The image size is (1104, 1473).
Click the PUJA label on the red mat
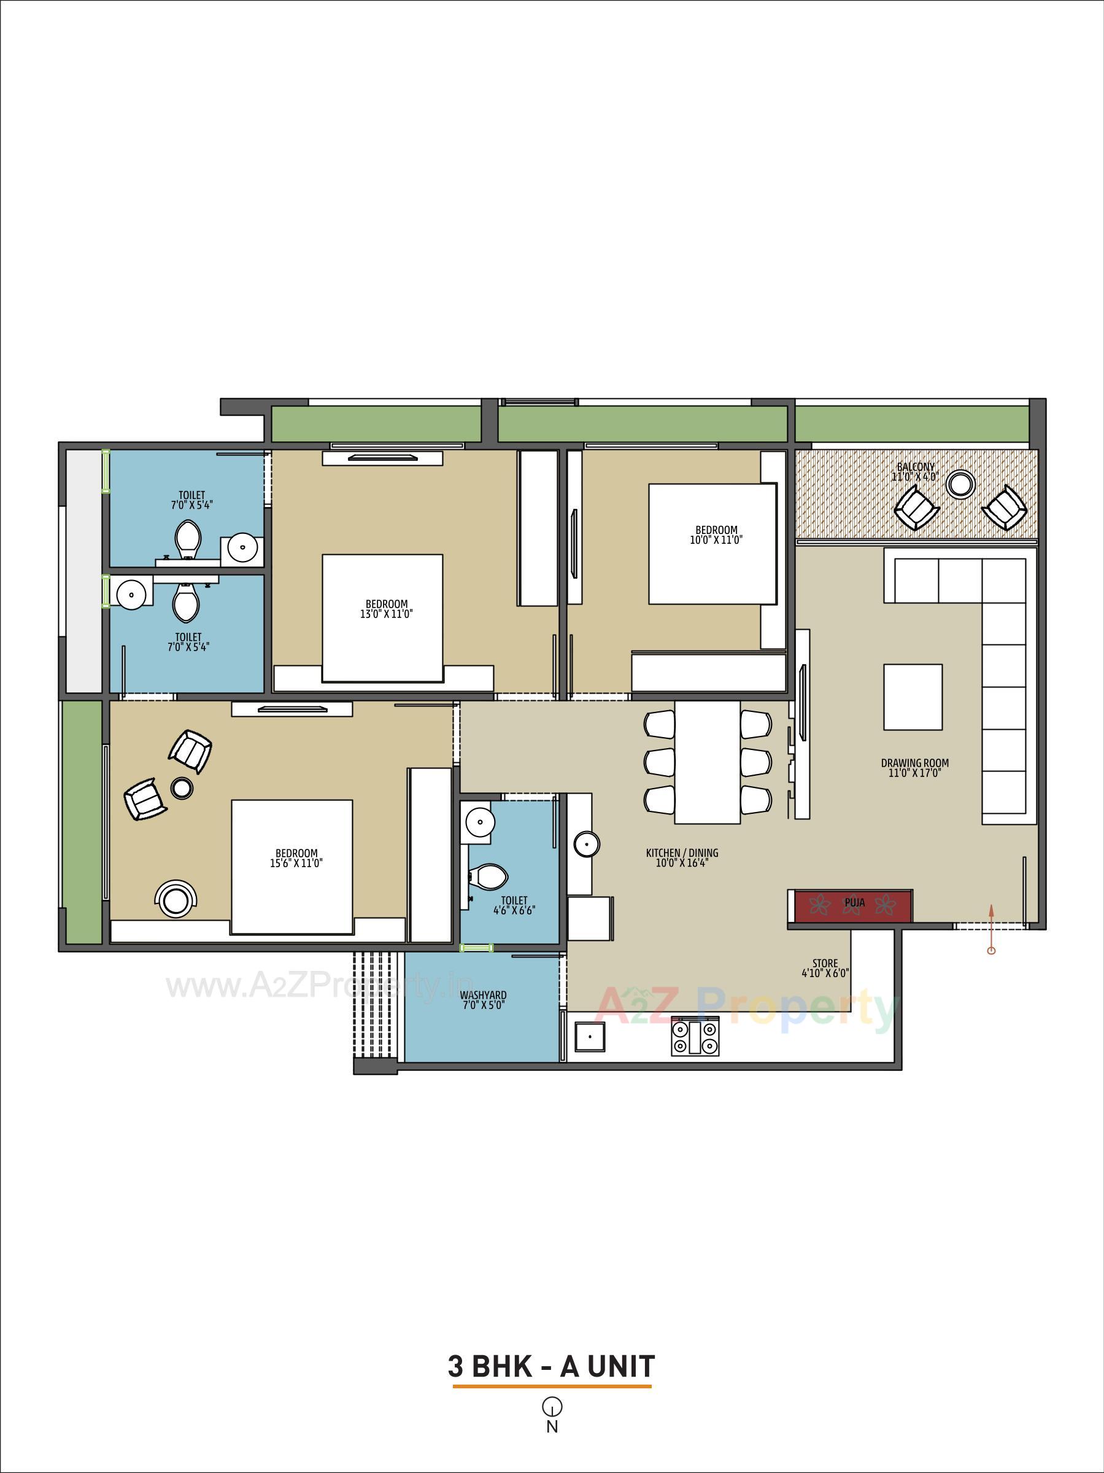(x=854, y=903)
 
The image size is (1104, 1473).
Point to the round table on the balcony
(x=961, y=484)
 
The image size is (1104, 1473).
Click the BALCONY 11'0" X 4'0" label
(x=915, y=471)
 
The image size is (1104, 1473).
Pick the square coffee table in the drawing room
(x=913, y=697)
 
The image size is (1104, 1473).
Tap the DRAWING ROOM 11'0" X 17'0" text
(x=914, y=768)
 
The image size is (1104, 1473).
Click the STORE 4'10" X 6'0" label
(x=825, y=967)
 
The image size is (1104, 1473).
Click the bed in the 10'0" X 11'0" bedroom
(x=712, y=544)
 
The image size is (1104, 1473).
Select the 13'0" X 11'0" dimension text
(x=386, y=614)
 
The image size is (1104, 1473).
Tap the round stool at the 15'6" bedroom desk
(x=175, y=902)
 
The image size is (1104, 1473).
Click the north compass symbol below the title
(x=552, y=1407)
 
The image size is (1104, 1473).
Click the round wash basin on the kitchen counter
(x=586, y=845)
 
